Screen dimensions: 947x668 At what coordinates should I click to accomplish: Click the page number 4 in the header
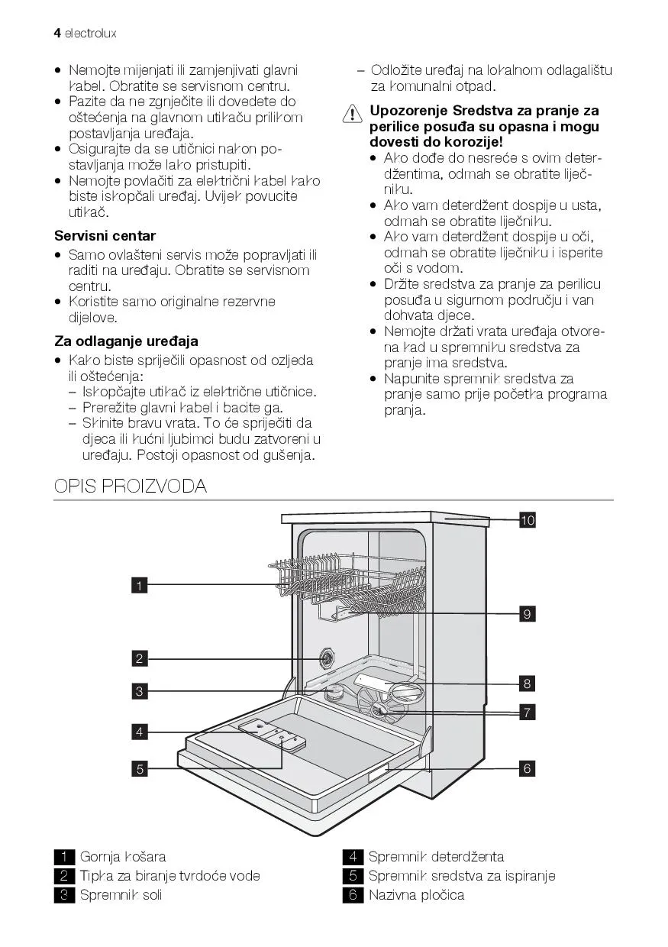point(57,34)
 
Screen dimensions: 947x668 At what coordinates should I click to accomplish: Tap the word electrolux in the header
point(90,34)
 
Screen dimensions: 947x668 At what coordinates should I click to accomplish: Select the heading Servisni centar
point(105,236)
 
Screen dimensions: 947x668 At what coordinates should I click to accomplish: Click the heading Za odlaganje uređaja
point(126,341)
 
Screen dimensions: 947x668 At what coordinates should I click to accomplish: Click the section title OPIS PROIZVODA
point(131,486)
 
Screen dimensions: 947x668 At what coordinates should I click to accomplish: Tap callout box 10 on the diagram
point(528,521)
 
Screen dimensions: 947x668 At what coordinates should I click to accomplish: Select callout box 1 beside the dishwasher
point(140,586)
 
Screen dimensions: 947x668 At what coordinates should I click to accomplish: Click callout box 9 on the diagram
point(528,613)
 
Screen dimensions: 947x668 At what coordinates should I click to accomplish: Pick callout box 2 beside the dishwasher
point(140,658)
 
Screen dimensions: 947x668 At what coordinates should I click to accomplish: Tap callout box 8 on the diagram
point(528,683)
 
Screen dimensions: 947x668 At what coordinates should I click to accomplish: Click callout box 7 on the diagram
point(528,713)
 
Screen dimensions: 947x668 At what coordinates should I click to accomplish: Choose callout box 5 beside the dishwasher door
point(140,769)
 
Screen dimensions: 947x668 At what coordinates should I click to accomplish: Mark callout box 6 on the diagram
point(528,768)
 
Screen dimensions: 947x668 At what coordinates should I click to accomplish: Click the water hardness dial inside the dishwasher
point(327,658)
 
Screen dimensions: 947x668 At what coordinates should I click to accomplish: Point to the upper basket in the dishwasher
point(347,580)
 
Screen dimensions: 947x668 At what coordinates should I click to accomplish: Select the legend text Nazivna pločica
point(416,895)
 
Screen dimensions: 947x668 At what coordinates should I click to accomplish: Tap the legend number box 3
point(65,895)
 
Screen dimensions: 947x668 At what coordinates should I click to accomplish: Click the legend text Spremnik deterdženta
point(436,857)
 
